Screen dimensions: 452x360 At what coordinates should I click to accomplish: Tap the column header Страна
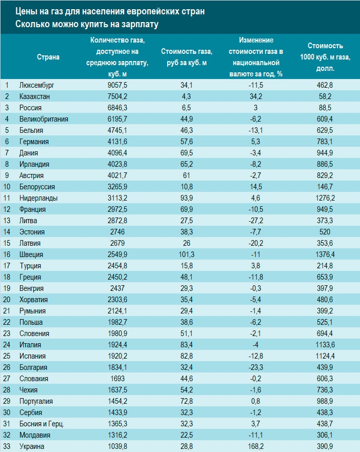tap(48, 57)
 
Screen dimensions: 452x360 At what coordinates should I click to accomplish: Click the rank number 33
tap(8, 446)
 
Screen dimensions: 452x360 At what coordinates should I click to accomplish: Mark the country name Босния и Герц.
tap(41, 424)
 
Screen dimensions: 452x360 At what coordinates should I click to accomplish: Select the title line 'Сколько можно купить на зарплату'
tap(87, 24)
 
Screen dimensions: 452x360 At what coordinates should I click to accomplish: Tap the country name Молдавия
tap(34, 435)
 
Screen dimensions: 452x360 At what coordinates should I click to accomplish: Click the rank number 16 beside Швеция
tap(8, 254)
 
